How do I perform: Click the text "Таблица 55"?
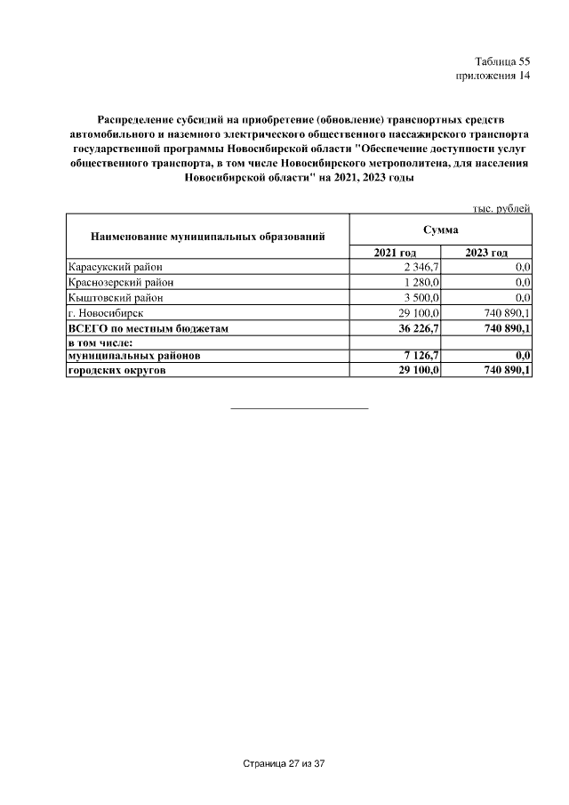[501, 61]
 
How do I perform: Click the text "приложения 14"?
[493, 76]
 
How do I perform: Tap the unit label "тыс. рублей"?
[501, 208]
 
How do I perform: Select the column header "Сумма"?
[440, 229]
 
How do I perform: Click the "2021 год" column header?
[395, 254]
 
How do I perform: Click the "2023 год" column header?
[486, 254]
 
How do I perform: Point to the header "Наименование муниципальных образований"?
[207, 237]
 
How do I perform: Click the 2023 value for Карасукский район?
[522, 267]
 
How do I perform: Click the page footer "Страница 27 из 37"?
[284, 764]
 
